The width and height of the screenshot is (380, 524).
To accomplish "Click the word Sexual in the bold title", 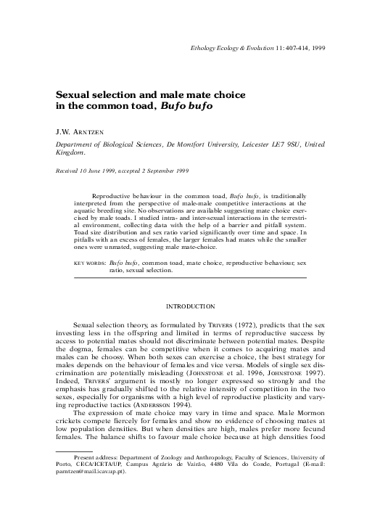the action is [x=74, y=94].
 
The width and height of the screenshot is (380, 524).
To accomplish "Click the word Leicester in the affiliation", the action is [x=257, y=144].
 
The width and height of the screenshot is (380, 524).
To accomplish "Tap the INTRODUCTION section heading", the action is [x=191, y=306].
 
